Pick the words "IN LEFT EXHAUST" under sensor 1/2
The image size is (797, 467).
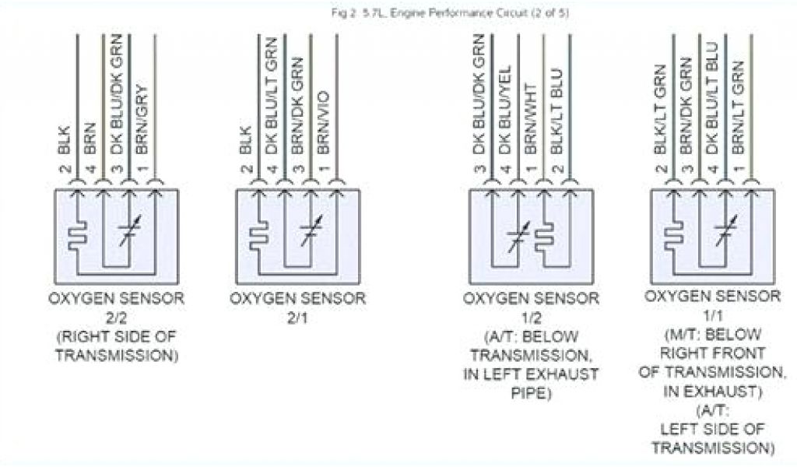(x=532, y=374)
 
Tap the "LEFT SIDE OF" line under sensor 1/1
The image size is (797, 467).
(x=711, y=430)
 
